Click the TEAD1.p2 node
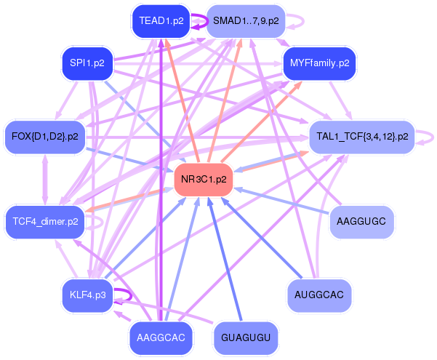click(x=161, y=21)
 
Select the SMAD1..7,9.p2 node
click(x=246, y=21)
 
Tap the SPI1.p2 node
click(x=87, y=63)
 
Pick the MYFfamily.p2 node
click(x=319, y=63)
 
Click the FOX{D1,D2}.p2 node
click(x=45, y=136)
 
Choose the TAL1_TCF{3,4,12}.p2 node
click(x=361, y=136)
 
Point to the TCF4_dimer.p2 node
click(x=45, y=221)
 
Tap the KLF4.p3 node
click(x=87, y=295)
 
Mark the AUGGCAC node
click(x=319, y=295)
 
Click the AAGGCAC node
click(x=161, y=337)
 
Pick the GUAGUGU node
click(x=246, y=337)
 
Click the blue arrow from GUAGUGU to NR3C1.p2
click(x=225, y=262)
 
